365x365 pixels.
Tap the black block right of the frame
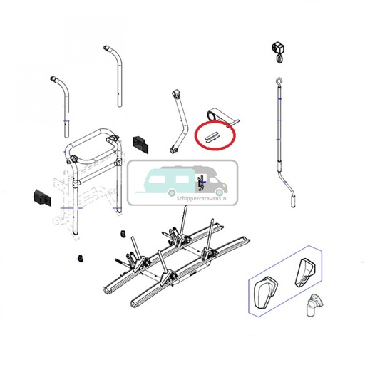pos(140,143)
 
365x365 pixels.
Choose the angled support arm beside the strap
pos(178,120)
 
